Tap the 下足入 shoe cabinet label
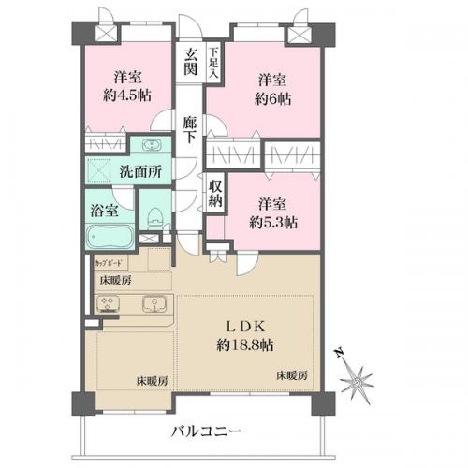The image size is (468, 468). [214, 62]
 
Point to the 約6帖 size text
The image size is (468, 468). [271, 95]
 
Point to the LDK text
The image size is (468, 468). [247, 326]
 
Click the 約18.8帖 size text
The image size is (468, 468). [247, 344]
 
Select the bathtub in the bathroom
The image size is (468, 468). [111, 233]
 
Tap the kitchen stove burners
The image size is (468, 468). [110, 305]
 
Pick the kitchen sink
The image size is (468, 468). [152, 304]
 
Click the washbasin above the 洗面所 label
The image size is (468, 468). [151, 145]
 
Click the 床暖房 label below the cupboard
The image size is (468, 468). [116, 280]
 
